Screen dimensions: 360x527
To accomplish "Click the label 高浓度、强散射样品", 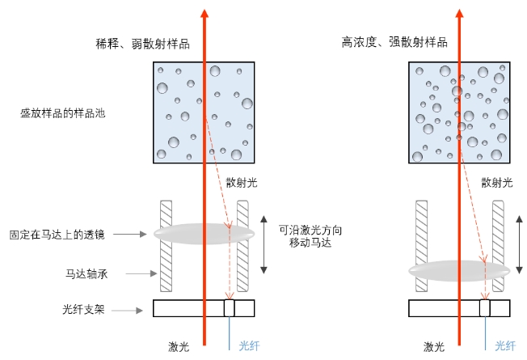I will pyautogui.click(x=394, y=41).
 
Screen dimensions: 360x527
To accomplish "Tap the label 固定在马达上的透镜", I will pyautogui.click(x=55, y=235).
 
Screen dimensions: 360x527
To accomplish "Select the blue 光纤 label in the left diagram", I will pyautogui.click(x=249, y=346).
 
